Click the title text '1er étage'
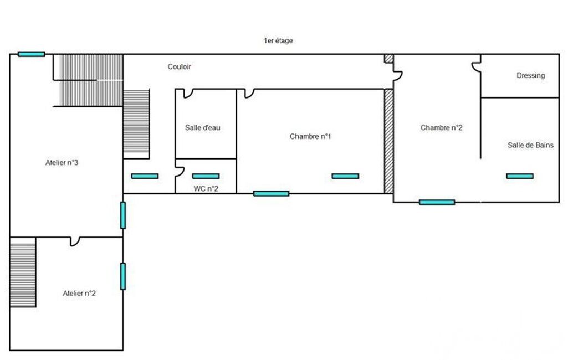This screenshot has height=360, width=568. point(278,41)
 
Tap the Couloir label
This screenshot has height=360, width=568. point(180,67)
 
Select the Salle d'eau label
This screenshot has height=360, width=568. point(203,127)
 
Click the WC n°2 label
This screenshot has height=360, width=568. point(206,188)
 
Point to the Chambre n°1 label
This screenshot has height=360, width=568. point(310,136)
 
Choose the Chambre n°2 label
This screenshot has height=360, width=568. point(441,127)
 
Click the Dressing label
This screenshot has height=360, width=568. point(530,76)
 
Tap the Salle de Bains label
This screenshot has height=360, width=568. point(530,145)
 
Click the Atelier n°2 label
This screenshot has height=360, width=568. point(79,294)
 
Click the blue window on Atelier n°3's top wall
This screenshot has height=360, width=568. point(31,54)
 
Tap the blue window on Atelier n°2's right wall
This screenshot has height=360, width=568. point(122,276)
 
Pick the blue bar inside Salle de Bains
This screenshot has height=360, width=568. point(520,176)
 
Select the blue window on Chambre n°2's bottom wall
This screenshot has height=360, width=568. point(437,202)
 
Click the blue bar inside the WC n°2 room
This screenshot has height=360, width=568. point(206,176)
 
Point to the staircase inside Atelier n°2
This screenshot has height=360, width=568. point(23,272)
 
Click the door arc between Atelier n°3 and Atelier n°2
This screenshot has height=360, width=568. point(75,241)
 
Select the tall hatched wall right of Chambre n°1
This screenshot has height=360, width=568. point(388,141)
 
